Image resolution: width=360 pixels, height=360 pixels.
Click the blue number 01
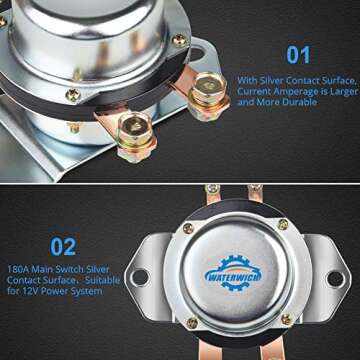(298, 55)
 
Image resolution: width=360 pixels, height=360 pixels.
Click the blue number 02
(63, 247)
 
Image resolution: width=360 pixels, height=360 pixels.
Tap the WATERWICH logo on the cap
(233, 273)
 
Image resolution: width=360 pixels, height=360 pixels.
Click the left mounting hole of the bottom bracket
(140, 277)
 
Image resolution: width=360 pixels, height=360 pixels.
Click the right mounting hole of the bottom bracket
(335, 279)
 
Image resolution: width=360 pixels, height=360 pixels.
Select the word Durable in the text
(300, 102)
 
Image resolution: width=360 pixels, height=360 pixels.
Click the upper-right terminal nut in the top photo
(209, 87)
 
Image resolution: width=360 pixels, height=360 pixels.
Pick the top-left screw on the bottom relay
(188, 229)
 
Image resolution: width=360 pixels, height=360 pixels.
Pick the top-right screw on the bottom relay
(283, 224)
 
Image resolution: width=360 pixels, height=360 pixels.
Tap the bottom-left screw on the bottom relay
(192, 323)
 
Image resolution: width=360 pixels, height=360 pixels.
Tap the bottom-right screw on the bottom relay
(286, 319)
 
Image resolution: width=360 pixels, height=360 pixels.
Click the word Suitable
(102, 280)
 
